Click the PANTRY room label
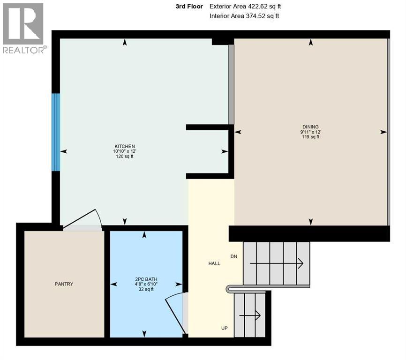pyautogui.click(x=63, y=284)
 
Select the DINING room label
pyautogui.click(x=310, y=127)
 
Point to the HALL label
pyautogui.click(x=214, y=263)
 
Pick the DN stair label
pyautogui.click(x=234, y=256)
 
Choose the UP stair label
pyautogui.click(x=225, y=328)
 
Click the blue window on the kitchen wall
pyautogui.click(x=56, y=132)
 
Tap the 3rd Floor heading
pyautogui.click(x=189, y=7)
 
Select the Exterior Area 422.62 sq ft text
pyautogui.click(x=245, y=7)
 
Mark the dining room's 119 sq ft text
pyautogui.click(x=310, y=137)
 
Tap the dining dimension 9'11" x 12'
pyautogui.click(x=310, y=132)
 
